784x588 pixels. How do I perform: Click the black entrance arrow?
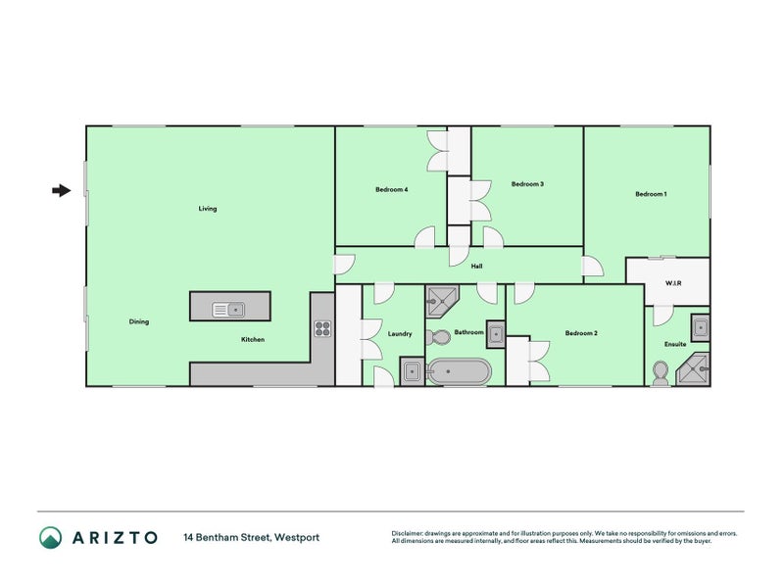point(62,190)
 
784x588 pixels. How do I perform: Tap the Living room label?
point(208,209)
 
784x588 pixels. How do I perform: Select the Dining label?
point(139,321)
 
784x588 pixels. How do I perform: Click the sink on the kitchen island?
point(228,310)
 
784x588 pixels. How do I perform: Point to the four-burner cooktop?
point(322,328)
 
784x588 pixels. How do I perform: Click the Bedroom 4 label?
point(391,189)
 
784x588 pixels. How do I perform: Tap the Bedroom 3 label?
point(527,184)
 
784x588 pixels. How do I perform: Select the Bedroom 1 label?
point(651,194)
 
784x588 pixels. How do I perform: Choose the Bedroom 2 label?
point(581,333)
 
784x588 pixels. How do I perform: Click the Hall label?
point(476,267)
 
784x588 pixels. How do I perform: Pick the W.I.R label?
point(673,283)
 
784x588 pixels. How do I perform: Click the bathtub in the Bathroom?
point(459,371)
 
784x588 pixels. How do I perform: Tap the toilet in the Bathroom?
point(438,337)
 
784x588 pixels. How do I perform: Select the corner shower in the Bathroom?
point(441,301)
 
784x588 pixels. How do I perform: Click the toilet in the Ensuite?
point(661,373)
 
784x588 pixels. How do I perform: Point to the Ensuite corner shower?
point(694,369)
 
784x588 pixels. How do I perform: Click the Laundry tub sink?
point(412,371)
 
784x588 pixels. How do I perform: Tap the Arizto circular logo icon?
point(51,537)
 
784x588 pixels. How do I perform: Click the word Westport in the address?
point(297,537)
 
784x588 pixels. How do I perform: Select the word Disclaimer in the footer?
point(407,533)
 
